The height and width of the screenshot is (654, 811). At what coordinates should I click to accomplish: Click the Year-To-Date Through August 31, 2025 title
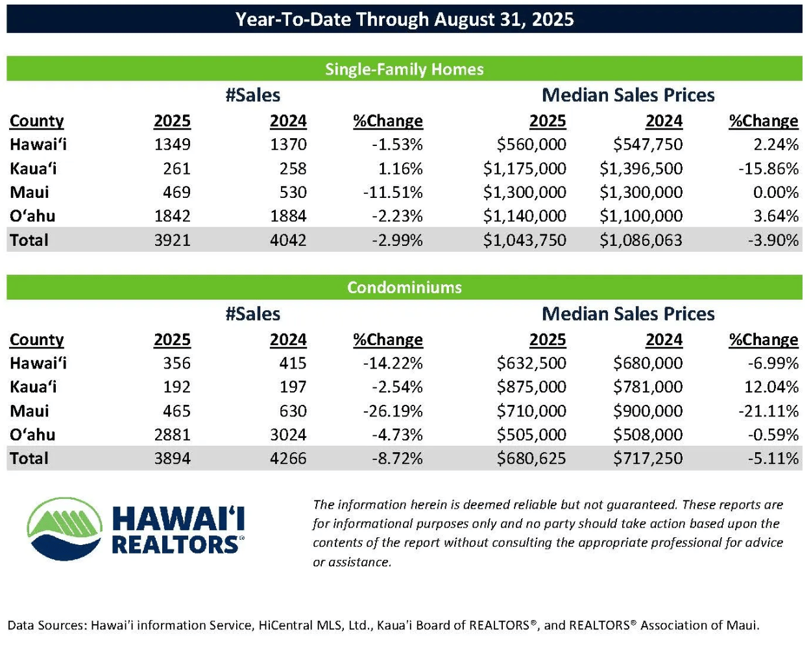click(x=404, y=19)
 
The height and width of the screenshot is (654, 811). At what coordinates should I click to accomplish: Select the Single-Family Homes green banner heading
click(x=404, y=69)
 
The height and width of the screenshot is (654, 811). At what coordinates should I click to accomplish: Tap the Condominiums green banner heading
click(x=404, y=287)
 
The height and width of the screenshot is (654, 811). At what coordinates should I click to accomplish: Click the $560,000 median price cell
click(x=531, y=145)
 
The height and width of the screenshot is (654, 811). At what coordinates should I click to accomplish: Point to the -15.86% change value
click(x=768, y=169)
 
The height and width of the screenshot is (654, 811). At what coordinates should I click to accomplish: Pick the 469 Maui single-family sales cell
click(x=176, y=192)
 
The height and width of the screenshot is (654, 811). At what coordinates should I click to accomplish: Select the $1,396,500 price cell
click(x=641, y=169)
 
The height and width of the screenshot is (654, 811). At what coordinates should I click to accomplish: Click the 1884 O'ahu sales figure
click(x=288, y=216)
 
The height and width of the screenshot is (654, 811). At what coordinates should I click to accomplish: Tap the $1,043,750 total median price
click(x=525, y=240)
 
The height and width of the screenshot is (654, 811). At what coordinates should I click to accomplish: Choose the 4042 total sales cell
click(x=288, y=240)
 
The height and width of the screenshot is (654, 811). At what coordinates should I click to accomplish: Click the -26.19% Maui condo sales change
click(x=393, y=411)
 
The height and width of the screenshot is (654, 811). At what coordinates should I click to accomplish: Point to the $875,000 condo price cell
click(x=531, y=387)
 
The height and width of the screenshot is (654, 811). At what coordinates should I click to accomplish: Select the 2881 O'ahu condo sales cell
click(x=172, y=435)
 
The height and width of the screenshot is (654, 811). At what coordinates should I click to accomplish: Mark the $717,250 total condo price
click(x=648, y=458)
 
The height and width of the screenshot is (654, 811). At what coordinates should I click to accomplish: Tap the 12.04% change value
click(x=771, y=387)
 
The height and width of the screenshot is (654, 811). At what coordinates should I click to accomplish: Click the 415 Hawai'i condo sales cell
click(x=293, y=363)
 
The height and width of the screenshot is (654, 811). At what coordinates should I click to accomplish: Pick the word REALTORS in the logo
click(x=176, y=546)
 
